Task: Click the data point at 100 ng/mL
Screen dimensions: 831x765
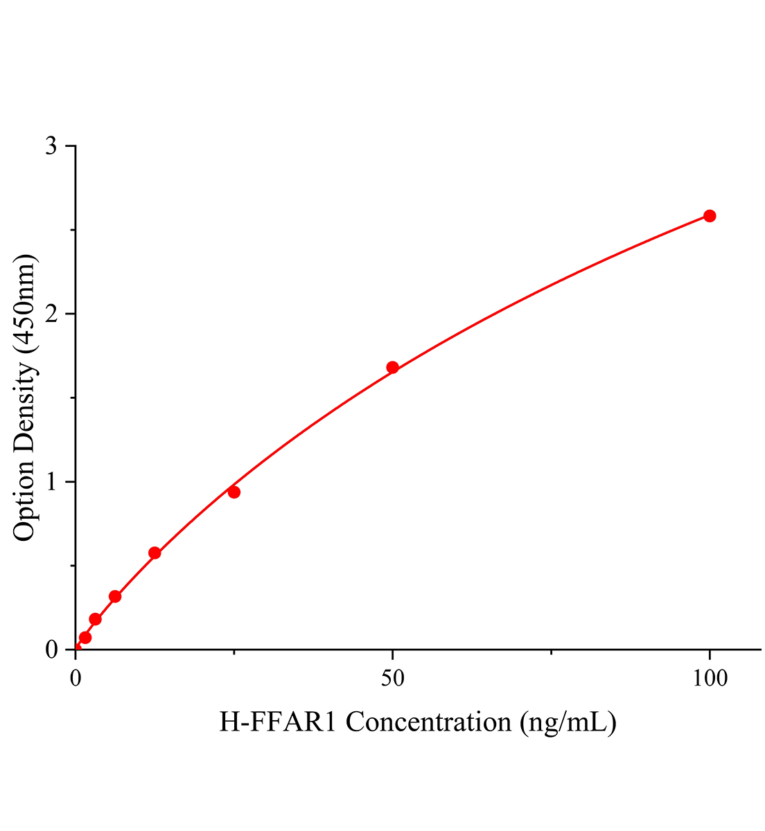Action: tap(710, 216)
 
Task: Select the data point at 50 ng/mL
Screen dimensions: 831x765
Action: tap(392, 367)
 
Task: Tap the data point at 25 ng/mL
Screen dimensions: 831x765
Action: tap(234, 492)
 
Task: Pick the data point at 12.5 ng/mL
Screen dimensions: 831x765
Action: tap(155, 553)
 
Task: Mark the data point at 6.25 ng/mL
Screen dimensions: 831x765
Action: tap(115, 596)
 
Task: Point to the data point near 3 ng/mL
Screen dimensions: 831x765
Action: tap(96, 618)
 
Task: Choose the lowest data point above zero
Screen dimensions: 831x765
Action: tap(85, 637)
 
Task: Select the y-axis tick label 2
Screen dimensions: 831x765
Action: tap(51, 315)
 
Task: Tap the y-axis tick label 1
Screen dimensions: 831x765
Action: tap(51, 483)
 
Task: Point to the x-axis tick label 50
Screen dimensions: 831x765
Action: tap(393, 679)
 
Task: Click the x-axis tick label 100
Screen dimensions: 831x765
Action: tap(709, 679)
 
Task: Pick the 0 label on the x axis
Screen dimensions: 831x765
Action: tap(76, 679)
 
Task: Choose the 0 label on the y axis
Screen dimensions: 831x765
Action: tap(51, 650)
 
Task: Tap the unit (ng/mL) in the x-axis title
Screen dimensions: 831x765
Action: tap(567, 723)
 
